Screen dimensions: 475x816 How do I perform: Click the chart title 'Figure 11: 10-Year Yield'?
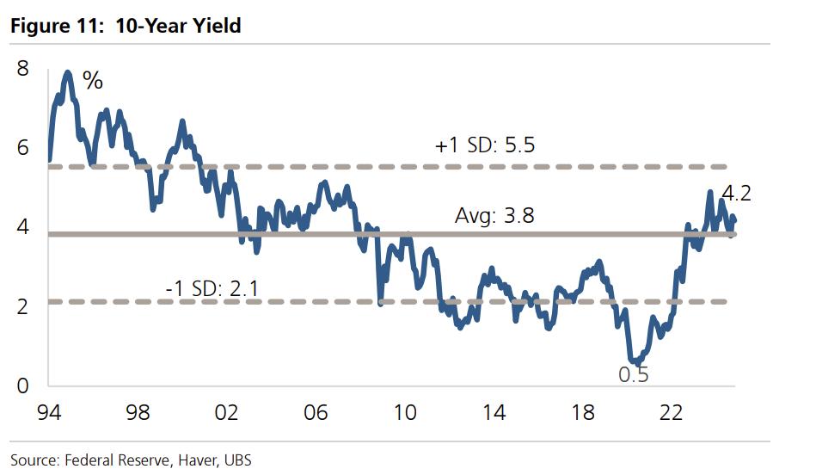[x=126, y=26]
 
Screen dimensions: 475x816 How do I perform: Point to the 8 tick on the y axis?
[x=23, y=68]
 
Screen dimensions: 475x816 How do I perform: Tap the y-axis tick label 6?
[x=23, y=148]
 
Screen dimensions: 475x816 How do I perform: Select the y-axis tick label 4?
[x=23, y=227]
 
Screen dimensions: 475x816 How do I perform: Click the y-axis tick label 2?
[x=23, y=307]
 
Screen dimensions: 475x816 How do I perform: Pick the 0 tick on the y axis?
[x=23, y=386]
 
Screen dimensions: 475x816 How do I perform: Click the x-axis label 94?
[x=48, y=414]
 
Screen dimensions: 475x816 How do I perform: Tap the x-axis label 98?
[x=138, y=414]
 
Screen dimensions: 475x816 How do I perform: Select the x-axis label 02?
[x=227, y=414]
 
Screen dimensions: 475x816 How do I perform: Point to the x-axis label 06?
[x=316, y=414]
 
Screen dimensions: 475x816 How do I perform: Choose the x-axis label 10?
[x=405, y=414]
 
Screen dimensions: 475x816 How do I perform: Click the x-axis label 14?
[x=494, y=414]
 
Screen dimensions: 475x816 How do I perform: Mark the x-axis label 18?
[x=584, y=414]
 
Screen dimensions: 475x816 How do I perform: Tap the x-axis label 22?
[x=672, y=414]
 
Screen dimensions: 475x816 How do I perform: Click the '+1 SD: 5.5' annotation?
[x=486, y=145]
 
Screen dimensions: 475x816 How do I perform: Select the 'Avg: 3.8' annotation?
[x=494, y=215]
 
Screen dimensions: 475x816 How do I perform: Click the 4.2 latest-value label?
[x=736, y=194]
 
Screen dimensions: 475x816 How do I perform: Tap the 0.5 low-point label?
[x=634, y=374]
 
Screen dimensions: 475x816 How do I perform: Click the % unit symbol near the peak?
[x=93, y=82]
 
